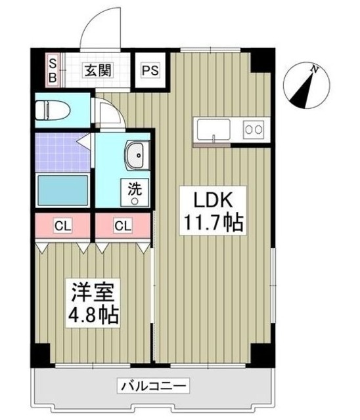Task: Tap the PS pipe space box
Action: coord(150,70)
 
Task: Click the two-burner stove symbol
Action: coord(253,129)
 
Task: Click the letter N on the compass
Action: coord(316,68)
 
